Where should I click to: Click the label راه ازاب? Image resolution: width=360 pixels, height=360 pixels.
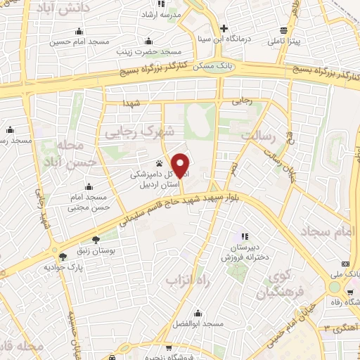(184, 281)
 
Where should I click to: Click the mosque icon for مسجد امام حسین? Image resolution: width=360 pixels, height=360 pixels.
(79, 30)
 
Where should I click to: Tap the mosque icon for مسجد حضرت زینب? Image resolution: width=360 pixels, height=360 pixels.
(147, 39)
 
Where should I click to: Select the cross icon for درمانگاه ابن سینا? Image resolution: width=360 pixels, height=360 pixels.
(224, 29)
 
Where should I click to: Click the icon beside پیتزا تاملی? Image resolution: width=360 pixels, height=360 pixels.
(284, 30)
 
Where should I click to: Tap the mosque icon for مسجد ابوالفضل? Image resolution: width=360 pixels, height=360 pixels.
(198, 311)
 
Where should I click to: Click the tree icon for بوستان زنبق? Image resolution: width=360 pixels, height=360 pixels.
(96, 239)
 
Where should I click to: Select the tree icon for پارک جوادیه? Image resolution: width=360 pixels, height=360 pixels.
(64, 257)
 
